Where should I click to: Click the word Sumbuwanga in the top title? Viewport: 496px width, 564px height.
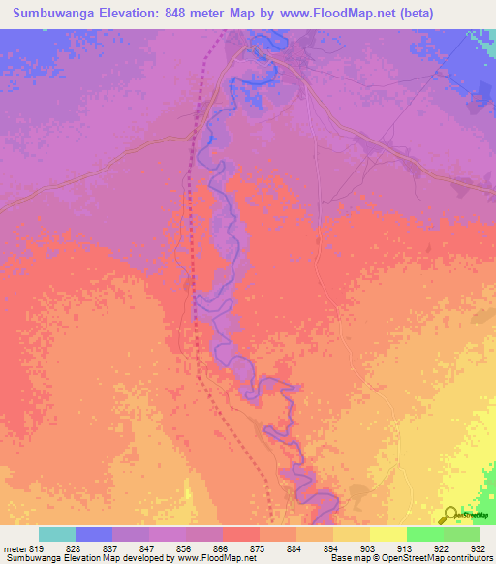click(x=53, y=14)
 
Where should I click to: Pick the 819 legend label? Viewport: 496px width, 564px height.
click(x=38, y=548)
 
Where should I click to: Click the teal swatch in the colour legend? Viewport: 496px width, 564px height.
click(x=56, y=534)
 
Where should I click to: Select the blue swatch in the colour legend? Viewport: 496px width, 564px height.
click(x=93, y=534)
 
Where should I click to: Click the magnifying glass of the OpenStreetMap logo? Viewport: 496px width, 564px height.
click(x=449, y=515)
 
